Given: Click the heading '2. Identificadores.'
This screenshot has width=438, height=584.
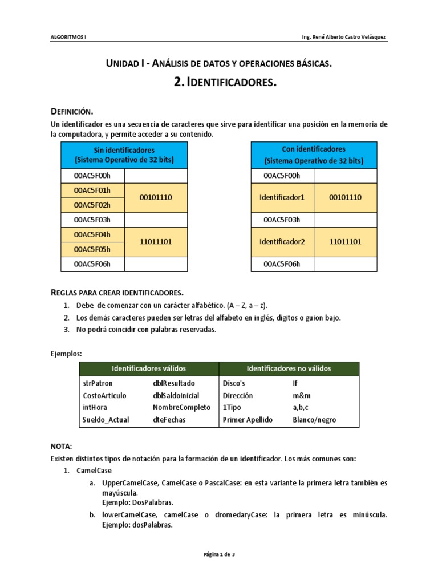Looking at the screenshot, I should [225, 83].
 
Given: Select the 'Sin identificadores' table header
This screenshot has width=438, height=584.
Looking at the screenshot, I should [124, 155].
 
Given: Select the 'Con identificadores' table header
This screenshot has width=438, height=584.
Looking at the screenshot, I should [314, 155].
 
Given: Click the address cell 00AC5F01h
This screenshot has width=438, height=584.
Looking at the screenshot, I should [92, 190].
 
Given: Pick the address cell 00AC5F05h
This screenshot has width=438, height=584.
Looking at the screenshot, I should [92, 249].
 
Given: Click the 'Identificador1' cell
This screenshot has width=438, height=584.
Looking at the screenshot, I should [282, 197].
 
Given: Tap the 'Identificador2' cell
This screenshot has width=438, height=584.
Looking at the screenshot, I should [282, 242].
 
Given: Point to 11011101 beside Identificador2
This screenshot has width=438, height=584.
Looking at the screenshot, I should [345, 242].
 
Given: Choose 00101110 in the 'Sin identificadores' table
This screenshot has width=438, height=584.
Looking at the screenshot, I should [156, 197].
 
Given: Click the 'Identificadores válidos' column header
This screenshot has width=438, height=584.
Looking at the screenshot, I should [149, 368].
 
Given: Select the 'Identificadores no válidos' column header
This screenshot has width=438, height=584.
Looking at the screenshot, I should [289, 368].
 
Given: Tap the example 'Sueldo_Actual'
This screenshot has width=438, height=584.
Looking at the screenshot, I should [106, 420].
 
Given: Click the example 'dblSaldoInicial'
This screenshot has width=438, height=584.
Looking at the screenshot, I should [176, 395].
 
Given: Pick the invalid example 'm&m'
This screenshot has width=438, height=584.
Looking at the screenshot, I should [302, 395].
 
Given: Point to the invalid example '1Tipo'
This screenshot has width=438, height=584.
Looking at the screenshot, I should [232, 408].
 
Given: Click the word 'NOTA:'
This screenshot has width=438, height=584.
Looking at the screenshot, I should [61, 447].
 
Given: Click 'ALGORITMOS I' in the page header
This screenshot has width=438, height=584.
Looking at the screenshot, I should [68, 38].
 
